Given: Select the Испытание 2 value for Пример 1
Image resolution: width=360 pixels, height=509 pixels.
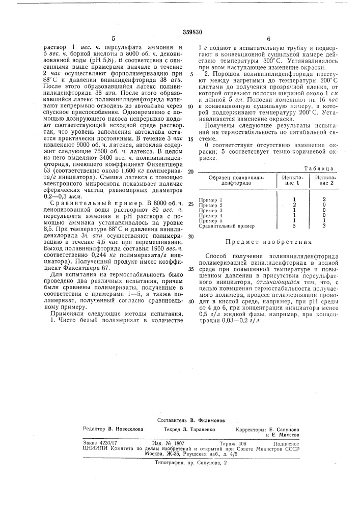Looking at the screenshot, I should (324, 199).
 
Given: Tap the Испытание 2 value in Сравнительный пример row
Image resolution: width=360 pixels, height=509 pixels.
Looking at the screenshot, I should (324, 225).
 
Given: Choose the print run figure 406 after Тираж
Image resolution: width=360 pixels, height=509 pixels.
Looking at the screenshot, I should (243, 443).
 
